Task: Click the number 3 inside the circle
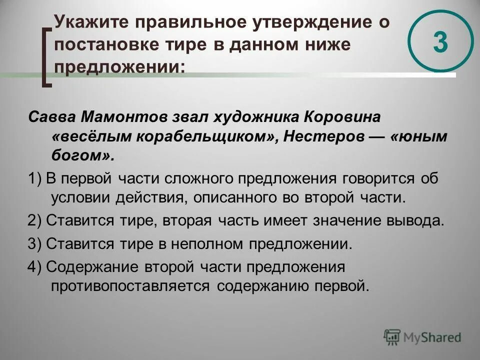pyautogui.click(x=440, y=42)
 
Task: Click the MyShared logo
pyautogui.click(x=422, y=337)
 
